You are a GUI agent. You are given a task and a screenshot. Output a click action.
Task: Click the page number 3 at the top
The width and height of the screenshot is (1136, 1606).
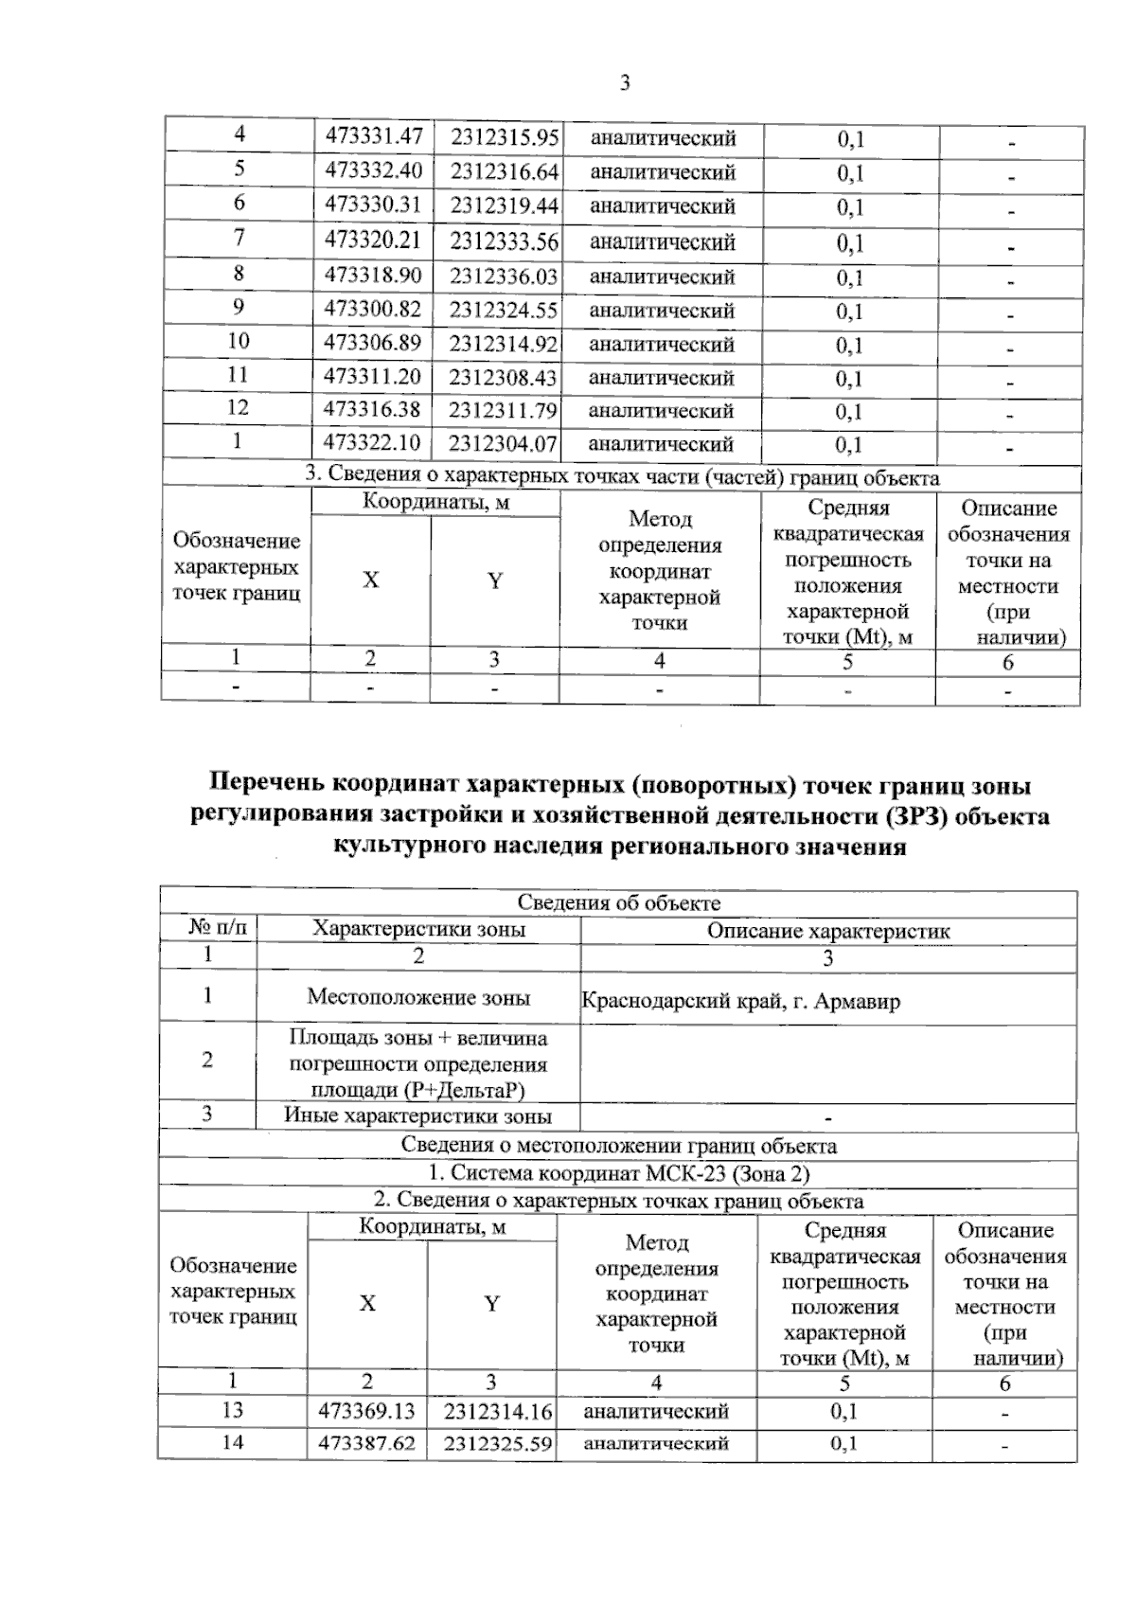pyautogui.click(x=625, y=83)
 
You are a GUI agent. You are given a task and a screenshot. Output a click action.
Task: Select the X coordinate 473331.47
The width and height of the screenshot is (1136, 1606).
pyautogui.click(x=373, y=136)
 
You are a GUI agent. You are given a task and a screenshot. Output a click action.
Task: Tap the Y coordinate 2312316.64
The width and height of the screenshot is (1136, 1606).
pyautogui.click(x=504, y=172)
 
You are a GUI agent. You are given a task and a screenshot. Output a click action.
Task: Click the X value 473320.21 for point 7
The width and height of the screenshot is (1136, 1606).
pyautogui.click(x=373, y=241)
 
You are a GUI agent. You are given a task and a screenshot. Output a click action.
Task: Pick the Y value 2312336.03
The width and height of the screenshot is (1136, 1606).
pyautogui.click(x=504, y=277)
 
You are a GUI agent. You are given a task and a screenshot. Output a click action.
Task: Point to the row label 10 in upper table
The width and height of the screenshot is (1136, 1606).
pyautogui.click(x=239, y=342)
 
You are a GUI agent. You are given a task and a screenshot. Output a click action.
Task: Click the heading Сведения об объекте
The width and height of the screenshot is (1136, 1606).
pyautogui.click(x=618, y=903)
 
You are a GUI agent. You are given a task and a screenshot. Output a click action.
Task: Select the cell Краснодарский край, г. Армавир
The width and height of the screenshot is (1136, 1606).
pyautogui.click(x=740, y=1001)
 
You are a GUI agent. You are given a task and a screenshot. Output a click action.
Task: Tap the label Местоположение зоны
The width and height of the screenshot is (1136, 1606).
pyautogui.click(x=418, y=997)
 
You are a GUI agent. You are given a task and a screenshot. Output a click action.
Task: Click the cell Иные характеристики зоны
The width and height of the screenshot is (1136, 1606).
pyautogui.click(x=417, y=1115)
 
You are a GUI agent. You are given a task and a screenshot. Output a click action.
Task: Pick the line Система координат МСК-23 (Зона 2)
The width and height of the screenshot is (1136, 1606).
pyautogui.click(x=618, y=1173)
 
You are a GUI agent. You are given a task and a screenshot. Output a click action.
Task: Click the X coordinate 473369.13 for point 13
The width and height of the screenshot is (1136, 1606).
pyautogui.click(x=369, y=1411)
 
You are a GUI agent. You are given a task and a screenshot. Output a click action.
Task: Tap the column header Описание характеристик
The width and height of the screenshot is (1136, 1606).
pyautogui.click(x=828, y=931)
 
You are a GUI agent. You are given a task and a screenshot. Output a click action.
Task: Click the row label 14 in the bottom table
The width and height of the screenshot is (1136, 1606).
pyautogui.click(x=233, y=1442)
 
